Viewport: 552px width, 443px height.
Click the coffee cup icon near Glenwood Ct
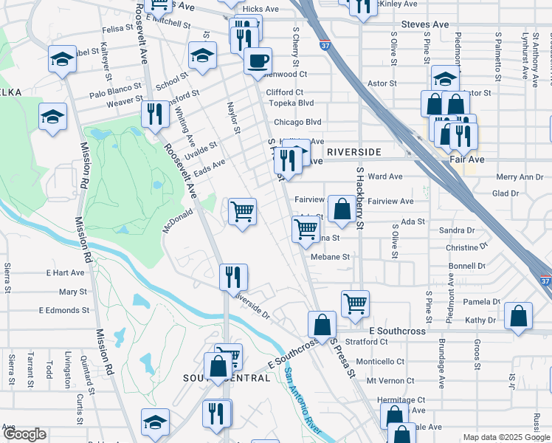tap(258, 61)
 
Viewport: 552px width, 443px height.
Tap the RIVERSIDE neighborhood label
tap(353, 152)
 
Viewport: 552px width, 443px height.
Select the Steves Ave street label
tap(425, 24)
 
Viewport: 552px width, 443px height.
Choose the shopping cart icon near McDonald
tap(242, 211)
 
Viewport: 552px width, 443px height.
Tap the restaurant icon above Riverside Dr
tap(233, 277)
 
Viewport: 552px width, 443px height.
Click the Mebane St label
tap(329, 257)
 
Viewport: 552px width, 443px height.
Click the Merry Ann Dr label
tap(520, 177)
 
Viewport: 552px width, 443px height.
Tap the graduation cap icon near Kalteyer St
tap(63, 58)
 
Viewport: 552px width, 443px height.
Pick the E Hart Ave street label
tap(65, 272)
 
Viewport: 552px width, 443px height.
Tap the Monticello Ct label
tap(380, 362)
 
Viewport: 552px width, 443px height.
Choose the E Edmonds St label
tap(63, 311)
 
